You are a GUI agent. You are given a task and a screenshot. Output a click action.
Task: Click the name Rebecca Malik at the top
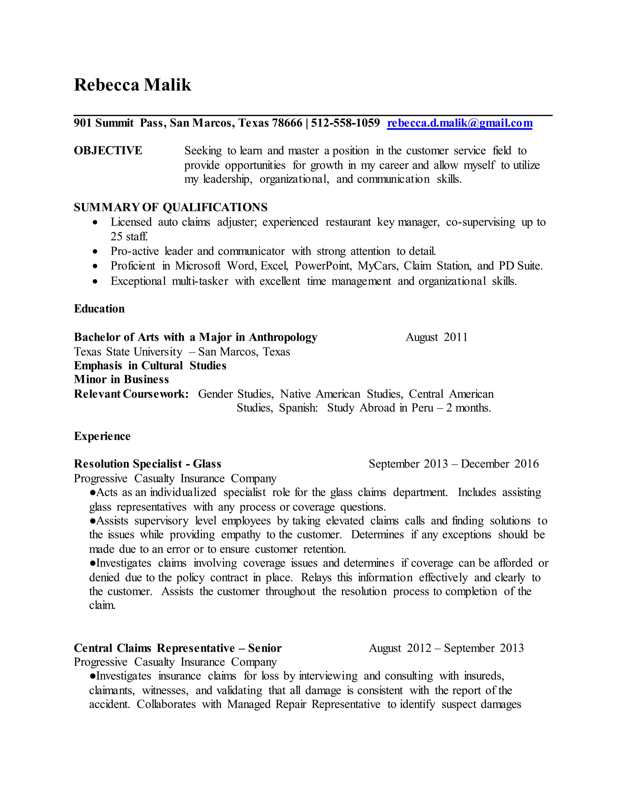132,85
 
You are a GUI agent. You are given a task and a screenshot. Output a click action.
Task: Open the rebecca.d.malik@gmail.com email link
459,123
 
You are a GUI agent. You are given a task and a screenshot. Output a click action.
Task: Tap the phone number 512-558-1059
345,123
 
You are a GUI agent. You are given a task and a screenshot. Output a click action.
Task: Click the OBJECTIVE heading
108,151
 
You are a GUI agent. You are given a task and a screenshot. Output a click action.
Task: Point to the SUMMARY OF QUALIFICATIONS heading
171,207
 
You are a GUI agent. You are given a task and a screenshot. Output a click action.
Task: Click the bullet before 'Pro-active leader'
96,252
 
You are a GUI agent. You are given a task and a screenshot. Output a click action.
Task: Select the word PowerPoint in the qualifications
323,266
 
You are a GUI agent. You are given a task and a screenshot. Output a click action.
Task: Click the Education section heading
99,309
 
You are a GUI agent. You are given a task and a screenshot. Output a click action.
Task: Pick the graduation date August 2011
436,337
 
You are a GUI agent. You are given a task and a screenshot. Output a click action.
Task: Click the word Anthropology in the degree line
283,337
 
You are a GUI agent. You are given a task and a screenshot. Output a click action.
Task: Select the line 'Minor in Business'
121,379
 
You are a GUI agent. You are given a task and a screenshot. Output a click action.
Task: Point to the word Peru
422,408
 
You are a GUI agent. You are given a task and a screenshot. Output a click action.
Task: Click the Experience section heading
102,436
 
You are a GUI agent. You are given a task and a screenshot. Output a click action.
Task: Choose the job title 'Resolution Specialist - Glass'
148,464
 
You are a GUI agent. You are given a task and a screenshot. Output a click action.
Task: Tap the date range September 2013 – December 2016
454,464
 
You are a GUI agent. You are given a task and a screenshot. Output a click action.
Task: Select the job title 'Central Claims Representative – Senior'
178,648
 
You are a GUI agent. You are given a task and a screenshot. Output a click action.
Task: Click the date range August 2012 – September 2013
446,648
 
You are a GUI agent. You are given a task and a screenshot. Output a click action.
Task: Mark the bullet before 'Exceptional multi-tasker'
96,282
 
